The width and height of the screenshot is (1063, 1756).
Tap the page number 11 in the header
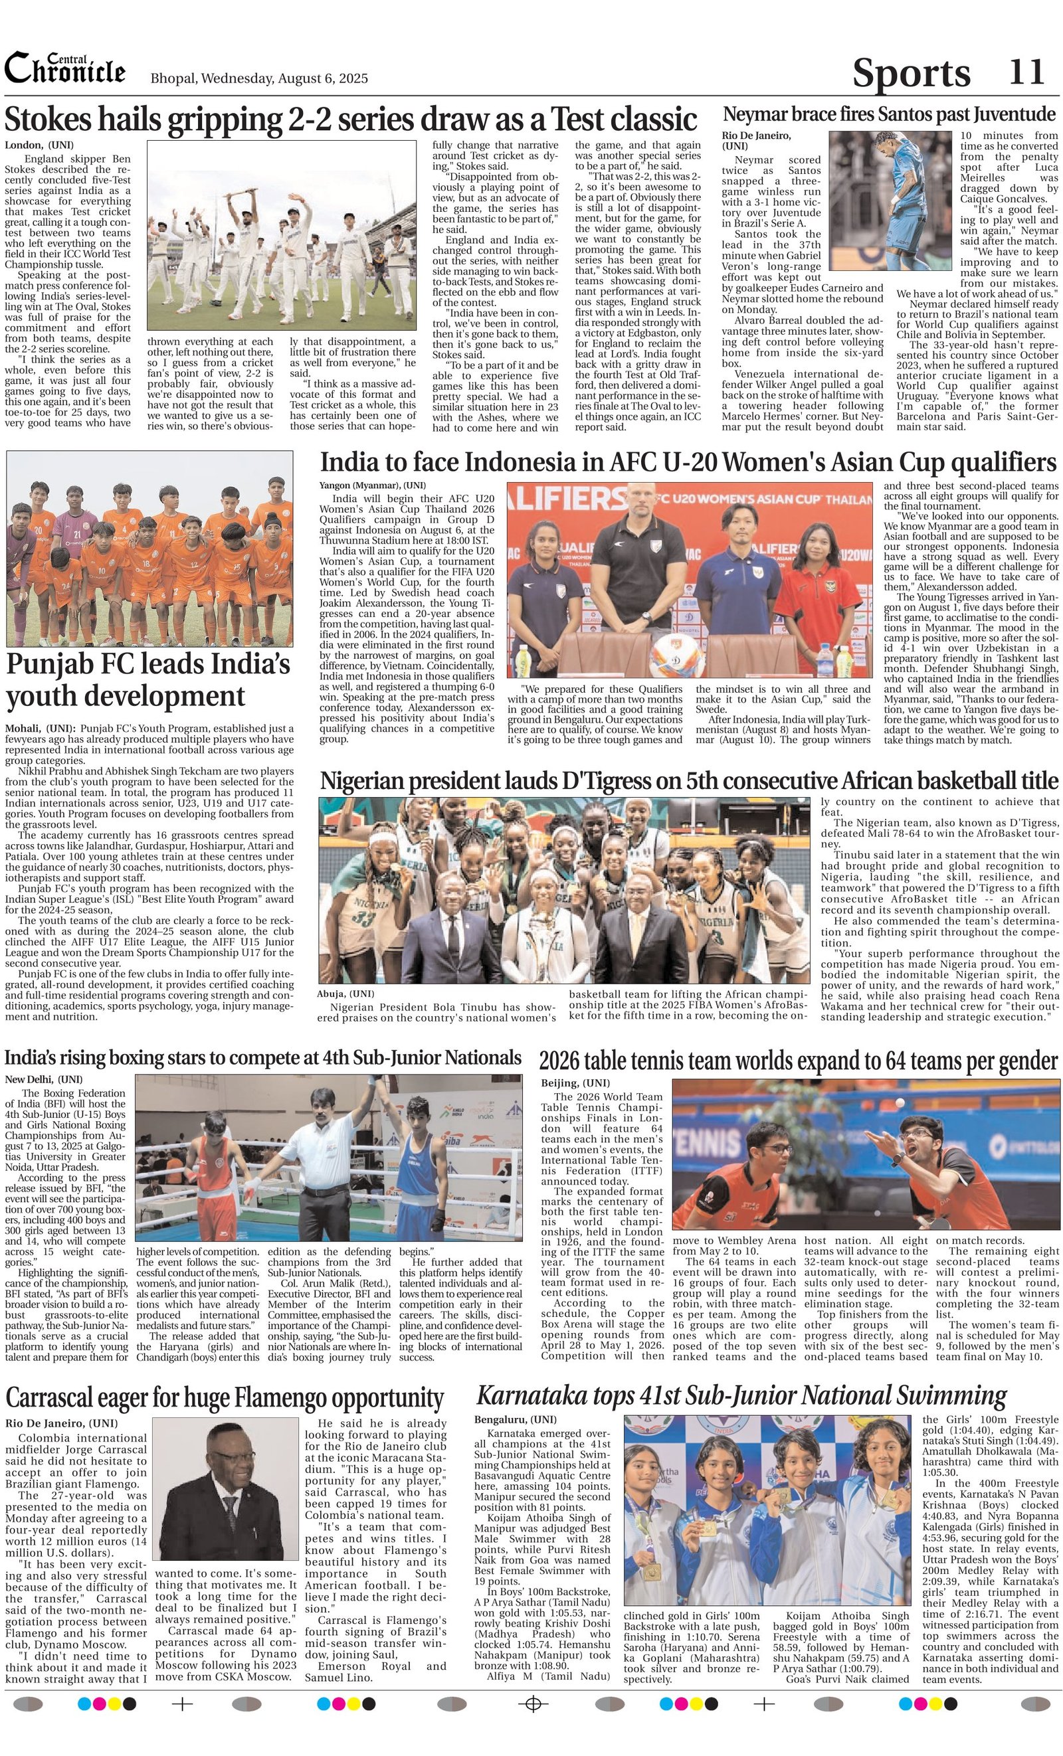point(1026,71)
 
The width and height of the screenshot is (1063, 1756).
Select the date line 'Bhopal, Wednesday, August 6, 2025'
point(259,78)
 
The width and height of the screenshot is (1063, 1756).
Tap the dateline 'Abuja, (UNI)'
point(345,994)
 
